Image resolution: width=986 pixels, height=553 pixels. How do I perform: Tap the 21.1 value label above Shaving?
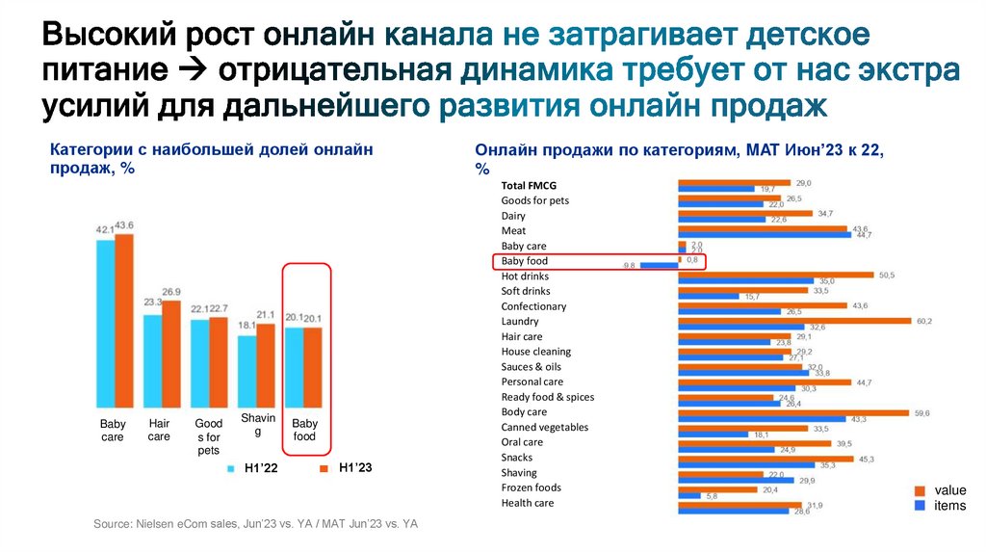[266, 315]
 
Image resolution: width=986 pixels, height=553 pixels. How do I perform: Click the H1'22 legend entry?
[251, 468]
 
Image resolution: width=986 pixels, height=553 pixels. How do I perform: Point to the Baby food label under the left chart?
[304, 430]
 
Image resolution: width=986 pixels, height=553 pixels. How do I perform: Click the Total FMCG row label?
[529, 185]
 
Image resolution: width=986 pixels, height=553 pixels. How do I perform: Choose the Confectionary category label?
[533, 306]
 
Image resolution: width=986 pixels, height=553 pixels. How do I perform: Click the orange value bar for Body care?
[793, 412]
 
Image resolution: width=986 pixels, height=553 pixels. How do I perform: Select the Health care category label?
[528, 503]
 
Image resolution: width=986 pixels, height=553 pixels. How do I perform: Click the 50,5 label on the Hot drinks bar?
[886, 276]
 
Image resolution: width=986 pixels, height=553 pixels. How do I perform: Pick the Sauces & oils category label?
[532, 367]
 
